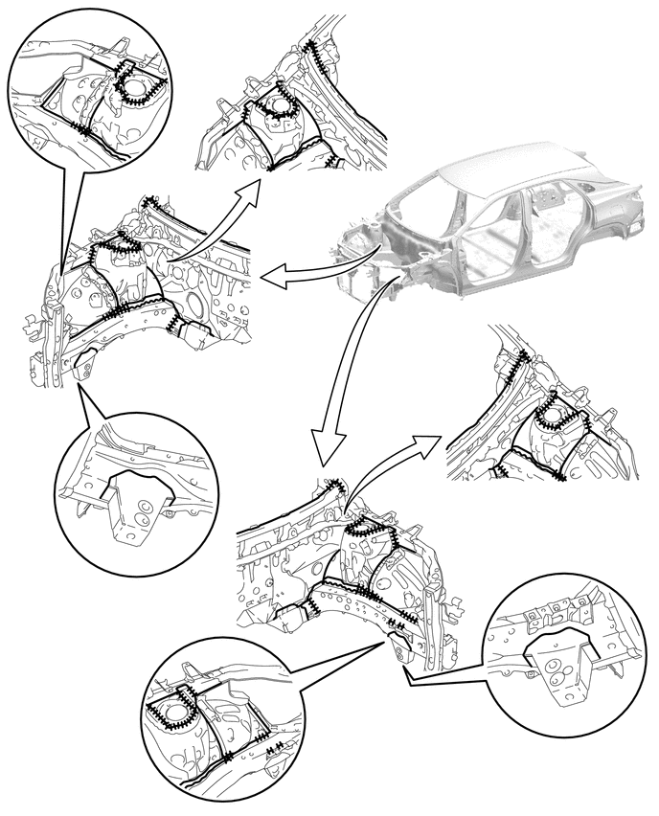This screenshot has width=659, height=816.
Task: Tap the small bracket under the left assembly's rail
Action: point(84,365)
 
